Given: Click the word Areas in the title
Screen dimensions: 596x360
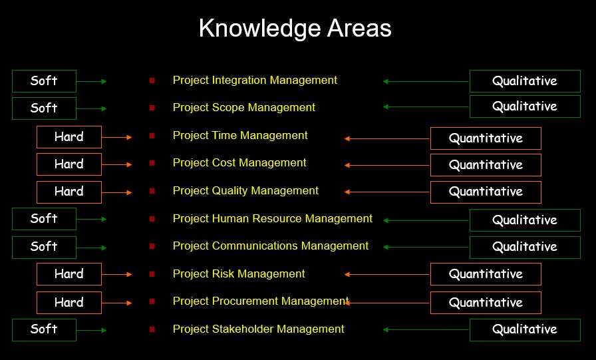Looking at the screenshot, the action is [359, 29].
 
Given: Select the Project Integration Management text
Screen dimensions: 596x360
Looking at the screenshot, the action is [255, 81].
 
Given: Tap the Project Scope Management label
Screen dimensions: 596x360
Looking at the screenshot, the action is [243, 108].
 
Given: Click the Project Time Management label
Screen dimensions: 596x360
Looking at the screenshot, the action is [240, 135].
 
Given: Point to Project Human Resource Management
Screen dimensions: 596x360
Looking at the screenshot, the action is [273, 218].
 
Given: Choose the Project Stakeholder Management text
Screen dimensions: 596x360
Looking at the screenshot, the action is [259, 329].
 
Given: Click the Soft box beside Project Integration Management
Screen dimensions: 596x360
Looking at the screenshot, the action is [44, 81].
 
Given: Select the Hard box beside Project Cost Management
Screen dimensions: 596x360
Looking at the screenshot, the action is [69, 164].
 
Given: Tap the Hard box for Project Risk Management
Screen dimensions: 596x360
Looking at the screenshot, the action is [69, 274].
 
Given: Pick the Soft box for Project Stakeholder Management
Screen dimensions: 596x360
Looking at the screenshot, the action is [44, 330].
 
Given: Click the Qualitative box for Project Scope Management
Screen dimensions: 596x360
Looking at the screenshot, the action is [525, 106].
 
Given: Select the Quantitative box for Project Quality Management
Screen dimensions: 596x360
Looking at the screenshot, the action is [486, 192].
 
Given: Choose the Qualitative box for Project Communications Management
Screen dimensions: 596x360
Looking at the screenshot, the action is [525, 248].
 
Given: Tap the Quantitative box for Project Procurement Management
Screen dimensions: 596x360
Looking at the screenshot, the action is [486, 303].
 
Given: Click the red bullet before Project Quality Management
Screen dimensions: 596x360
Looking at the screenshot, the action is [152, 191].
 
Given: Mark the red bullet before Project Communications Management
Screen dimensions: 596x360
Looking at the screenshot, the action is [152, 246].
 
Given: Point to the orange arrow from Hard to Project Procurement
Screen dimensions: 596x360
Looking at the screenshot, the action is [116, 303].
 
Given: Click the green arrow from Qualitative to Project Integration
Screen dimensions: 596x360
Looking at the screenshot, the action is [426, 81].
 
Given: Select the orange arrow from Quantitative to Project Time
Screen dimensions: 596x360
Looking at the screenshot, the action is [387, 139].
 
